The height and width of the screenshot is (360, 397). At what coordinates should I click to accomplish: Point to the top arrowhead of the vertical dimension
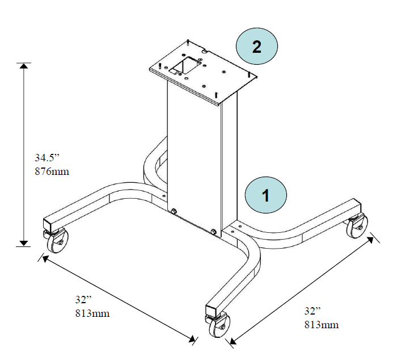click(x=23, y=66)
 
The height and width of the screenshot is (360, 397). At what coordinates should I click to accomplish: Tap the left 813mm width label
click(x=92, y=313)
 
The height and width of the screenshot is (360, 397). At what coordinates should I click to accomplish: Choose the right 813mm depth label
click(x=321, y=325)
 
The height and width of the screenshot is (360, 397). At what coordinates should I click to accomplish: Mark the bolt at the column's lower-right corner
click(x=213, y=232)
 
